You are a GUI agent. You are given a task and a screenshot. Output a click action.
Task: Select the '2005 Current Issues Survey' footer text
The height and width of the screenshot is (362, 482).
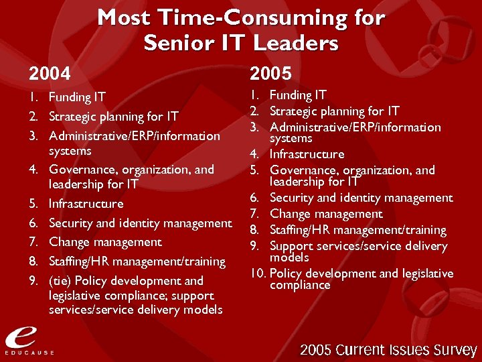point(388,350)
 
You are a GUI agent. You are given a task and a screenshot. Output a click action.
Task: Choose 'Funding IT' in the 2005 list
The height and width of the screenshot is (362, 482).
point(298,95)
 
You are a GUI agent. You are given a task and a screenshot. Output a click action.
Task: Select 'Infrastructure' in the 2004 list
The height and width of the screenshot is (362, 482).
point(86,203)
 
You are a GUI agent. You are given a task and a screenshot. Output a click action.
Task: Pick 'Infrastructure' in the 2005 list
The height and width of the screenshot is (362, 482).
point(307,154)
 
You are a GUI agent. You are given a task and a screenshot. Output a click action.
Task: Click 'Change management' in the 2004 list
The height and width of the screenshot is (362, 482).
point(105,241)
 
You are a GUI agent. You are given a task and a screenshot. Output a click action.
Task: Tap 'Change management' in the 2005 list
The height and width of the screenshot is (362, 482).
point(326,214)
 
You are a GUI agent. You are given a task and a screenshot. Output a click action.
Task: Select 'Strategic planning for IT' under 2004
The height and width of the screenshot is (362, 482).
point(114,117)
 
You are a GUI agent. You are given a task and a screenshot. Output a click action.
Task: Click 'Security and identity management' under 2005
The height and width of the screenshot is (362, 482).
point(361,198)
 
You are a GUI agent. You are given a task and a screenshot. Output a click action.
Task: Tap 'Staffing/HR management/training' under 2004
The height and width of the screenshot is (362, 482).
point(137,261)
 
